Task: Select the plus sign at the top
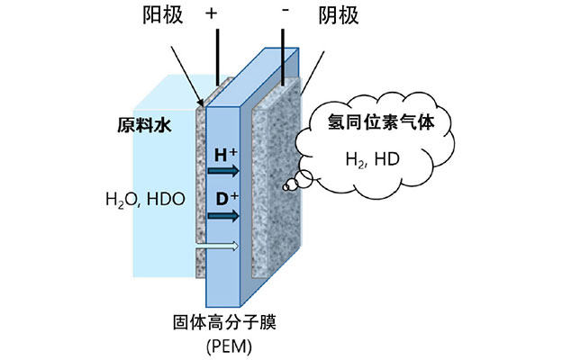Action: coord(213,14)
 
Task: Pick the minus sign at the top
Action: coord(286,13)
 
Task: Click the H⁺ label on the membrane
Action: coord(225,154)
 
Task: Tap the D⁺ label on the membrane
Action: coord(225,196)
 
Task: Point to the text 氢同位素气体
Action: coord(376,125)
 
